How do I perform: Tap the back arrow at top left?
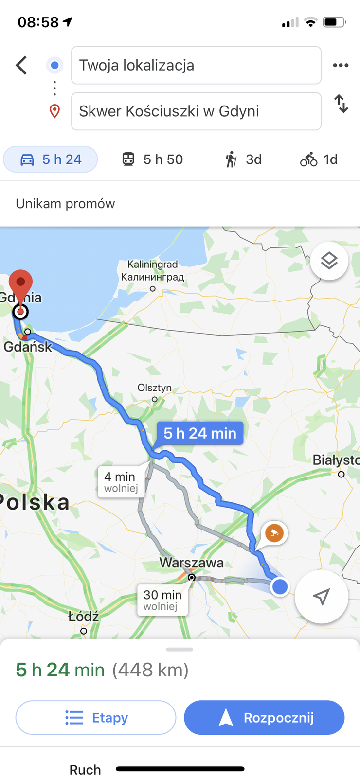click(21, 65)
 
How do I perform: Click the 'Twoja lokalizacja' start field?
click(196, 65)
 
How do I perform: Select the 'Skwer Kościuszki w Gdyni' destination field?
click(196, 111)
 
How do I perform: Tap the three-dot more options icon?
click(341, 65)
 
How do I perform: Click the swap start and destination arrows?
click(341, 104)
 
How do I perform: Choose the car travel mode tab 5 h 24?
click(51, 159)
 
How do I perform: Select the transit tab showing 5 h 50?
click(152, 159)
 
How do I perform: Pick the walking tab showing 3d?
click(243, 159)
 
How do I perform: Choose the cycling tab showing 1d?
click(319, 159)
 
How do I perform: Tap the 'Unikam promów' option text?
click(66, 204)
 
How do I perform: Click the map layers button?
click(329, 261)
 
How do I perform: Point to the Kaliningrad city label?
click(153, 270)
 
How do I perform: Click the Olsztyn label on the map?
click(155, 388)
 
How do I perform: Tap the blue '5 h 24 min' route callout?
click(200, 433)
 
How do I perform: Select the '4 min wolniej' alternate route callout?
click(121, 482)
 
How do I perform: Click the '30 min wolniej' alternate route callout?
click(162, 600)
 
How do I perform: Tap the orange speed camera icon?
click(274, 533)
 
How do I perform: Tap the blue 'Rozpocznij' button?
click(264, 717)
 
